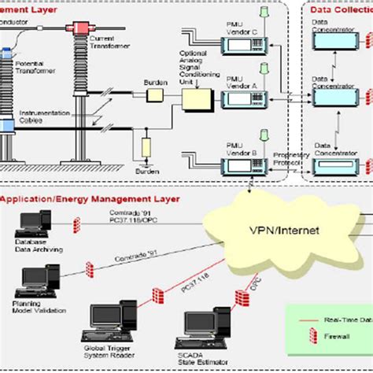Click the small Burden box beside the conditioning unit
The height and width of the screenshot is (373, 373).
153,95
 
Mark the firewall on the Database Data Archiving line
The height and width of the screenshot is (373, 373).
78,226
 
